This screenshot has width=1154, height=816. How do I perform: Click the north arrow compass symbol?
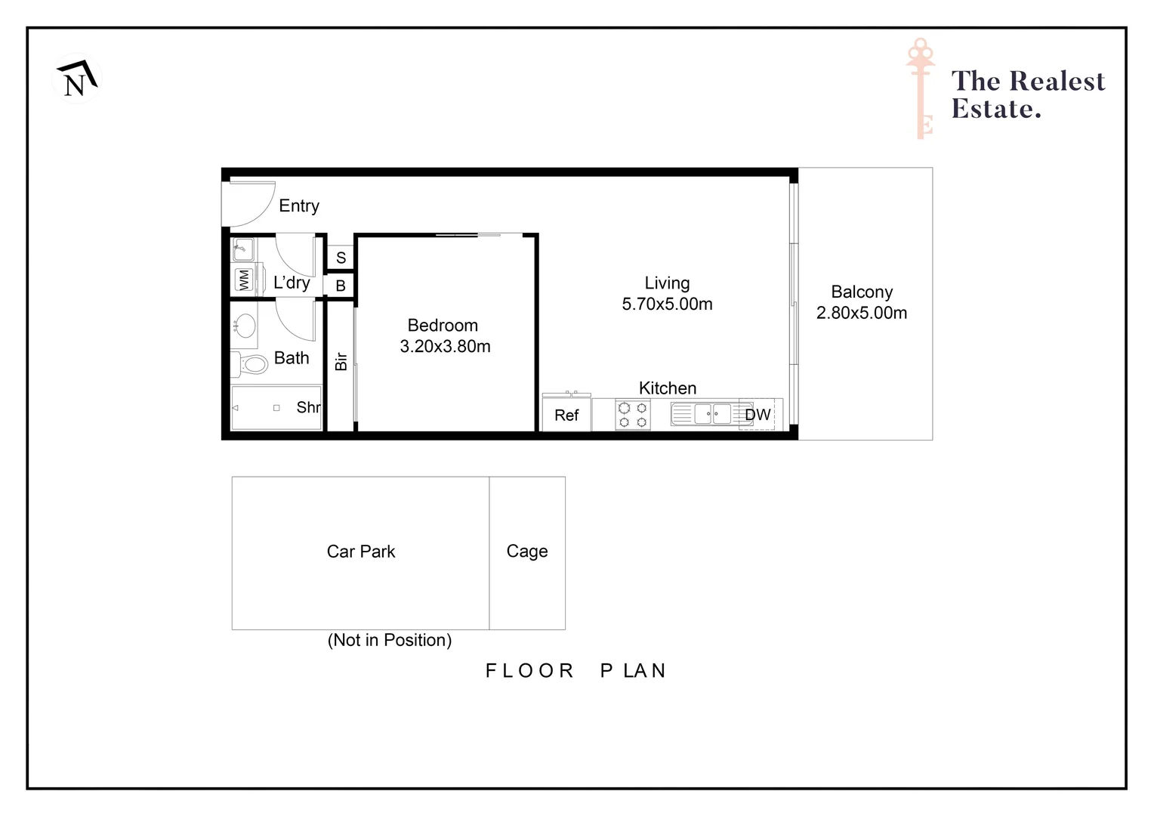tap(77, 79)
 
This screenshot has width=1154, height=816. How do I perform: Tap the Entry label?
tap(299, 206)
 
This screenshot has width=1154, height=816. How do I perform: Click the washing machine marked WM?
tap(244, 280)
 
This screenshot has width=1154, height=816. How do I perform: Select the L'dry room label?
tap(292, 283)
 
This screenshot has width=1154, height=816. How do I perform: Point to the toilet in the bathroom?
tap(251, 365)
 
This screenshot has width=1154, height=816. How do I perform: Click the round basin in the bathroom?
tap(244, 326)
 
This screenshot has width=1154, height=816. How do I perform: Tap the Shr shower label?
tap(308, 408)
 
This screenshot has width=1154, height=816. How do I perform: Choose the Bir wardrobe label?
tap(341, 361)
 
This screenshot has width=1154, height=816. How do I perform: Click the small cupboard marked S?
tap(341, 258)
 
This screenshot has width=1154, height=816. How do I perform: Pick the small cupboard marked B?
tap(341, 286)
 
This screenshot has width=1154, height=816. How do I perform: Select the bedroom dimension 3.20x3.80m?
tap(445, 347)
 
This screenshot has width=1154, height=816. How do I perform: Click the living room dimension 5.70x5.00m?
tap(667, 304)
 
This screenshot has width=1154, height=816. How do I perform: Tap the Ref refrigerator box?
tap(566, 416)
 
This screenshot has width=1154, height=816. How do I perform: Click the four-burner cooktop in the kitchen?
tap(633, 415)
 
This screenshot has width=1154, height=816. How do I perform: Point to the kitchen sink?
tap(712, 414)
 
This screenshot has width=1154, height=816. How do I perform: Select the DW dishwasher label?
tap(758, 415)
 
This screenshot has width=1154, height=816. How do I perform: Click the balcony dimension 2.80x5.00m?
tap(862, 314)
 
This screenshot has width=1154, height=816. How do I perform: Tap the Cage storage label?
tap(527, 552)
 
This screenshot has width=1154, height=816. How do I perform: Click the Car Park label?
tap(361, 552)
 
